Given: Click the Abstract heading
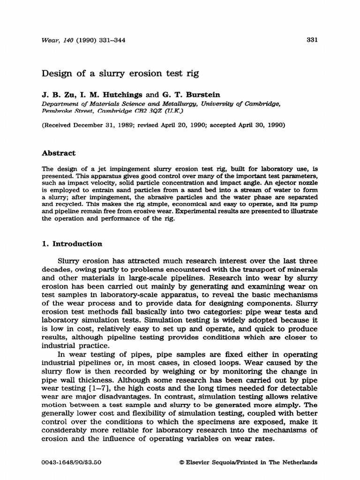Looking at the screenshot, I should [59, 153].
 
